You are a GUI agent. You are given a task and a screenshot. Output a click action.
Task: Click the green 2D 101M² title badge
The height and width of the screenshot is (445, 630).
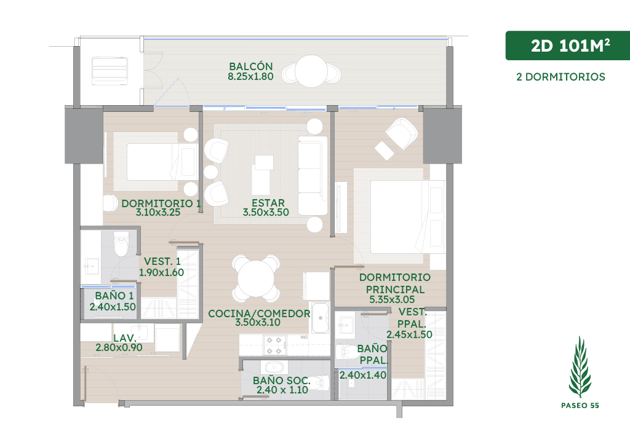567,45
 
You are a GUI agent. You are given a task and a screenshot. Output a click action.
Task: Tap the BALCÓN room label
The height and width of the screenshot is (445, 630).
251,66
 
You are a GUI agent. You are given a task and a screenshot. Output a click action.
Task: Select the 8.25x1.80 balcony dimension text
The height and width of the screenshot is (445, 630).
251,76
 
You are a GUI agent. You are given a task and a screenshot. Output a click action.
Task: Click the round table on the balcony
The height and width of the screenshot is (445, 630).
311,71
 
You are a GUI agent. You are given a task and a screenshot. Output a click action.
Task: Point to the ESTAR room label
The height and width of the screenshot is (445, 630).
268,203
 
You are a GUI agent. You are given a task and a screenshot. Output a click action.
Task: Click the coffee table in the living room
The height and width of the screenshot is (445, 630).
263,175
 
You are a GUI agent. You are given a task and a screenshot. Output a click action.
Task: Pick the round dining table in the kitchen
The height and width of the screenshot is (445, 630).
256,278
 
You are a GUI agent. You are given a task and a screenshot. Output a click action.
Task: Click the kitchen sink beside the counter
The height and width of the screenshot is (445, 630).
320,318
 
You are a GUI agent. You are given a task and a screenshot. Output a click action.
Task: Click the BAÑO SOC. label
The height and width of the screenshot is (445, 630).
281,380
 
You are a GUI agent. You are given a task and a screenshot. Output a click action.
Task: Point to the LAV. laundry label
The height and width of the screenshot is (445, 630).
124,338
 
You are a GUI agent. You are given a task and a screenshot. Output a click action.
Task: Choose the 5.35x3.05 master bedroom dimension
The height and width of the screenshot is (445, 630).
392,299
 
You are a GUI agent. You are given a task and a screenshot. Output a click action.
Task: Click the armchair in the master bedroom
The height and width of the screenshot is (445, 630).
401,133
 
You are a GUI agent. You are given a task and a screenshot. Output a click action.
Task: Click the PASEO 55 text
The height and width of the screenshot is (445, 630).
580,405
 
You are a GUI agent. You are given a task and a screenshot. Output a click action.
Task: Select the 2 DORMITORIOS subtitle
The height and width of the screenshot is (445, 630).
560,77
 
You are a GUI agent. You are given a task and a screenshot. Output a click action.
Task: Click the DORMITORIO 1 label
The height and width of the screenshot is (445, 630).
161,203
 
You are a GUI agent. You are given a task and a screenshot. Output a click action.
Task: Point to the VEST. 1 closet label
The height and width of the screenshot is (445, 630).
162,261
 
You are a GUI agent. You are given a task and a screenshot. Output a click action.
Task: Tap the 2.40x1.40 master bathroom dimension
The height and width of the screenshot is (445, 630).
363,375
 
